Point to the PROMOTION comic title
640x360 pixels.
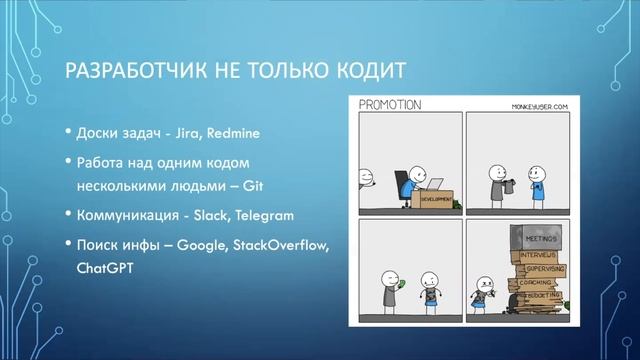[391, 104]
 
